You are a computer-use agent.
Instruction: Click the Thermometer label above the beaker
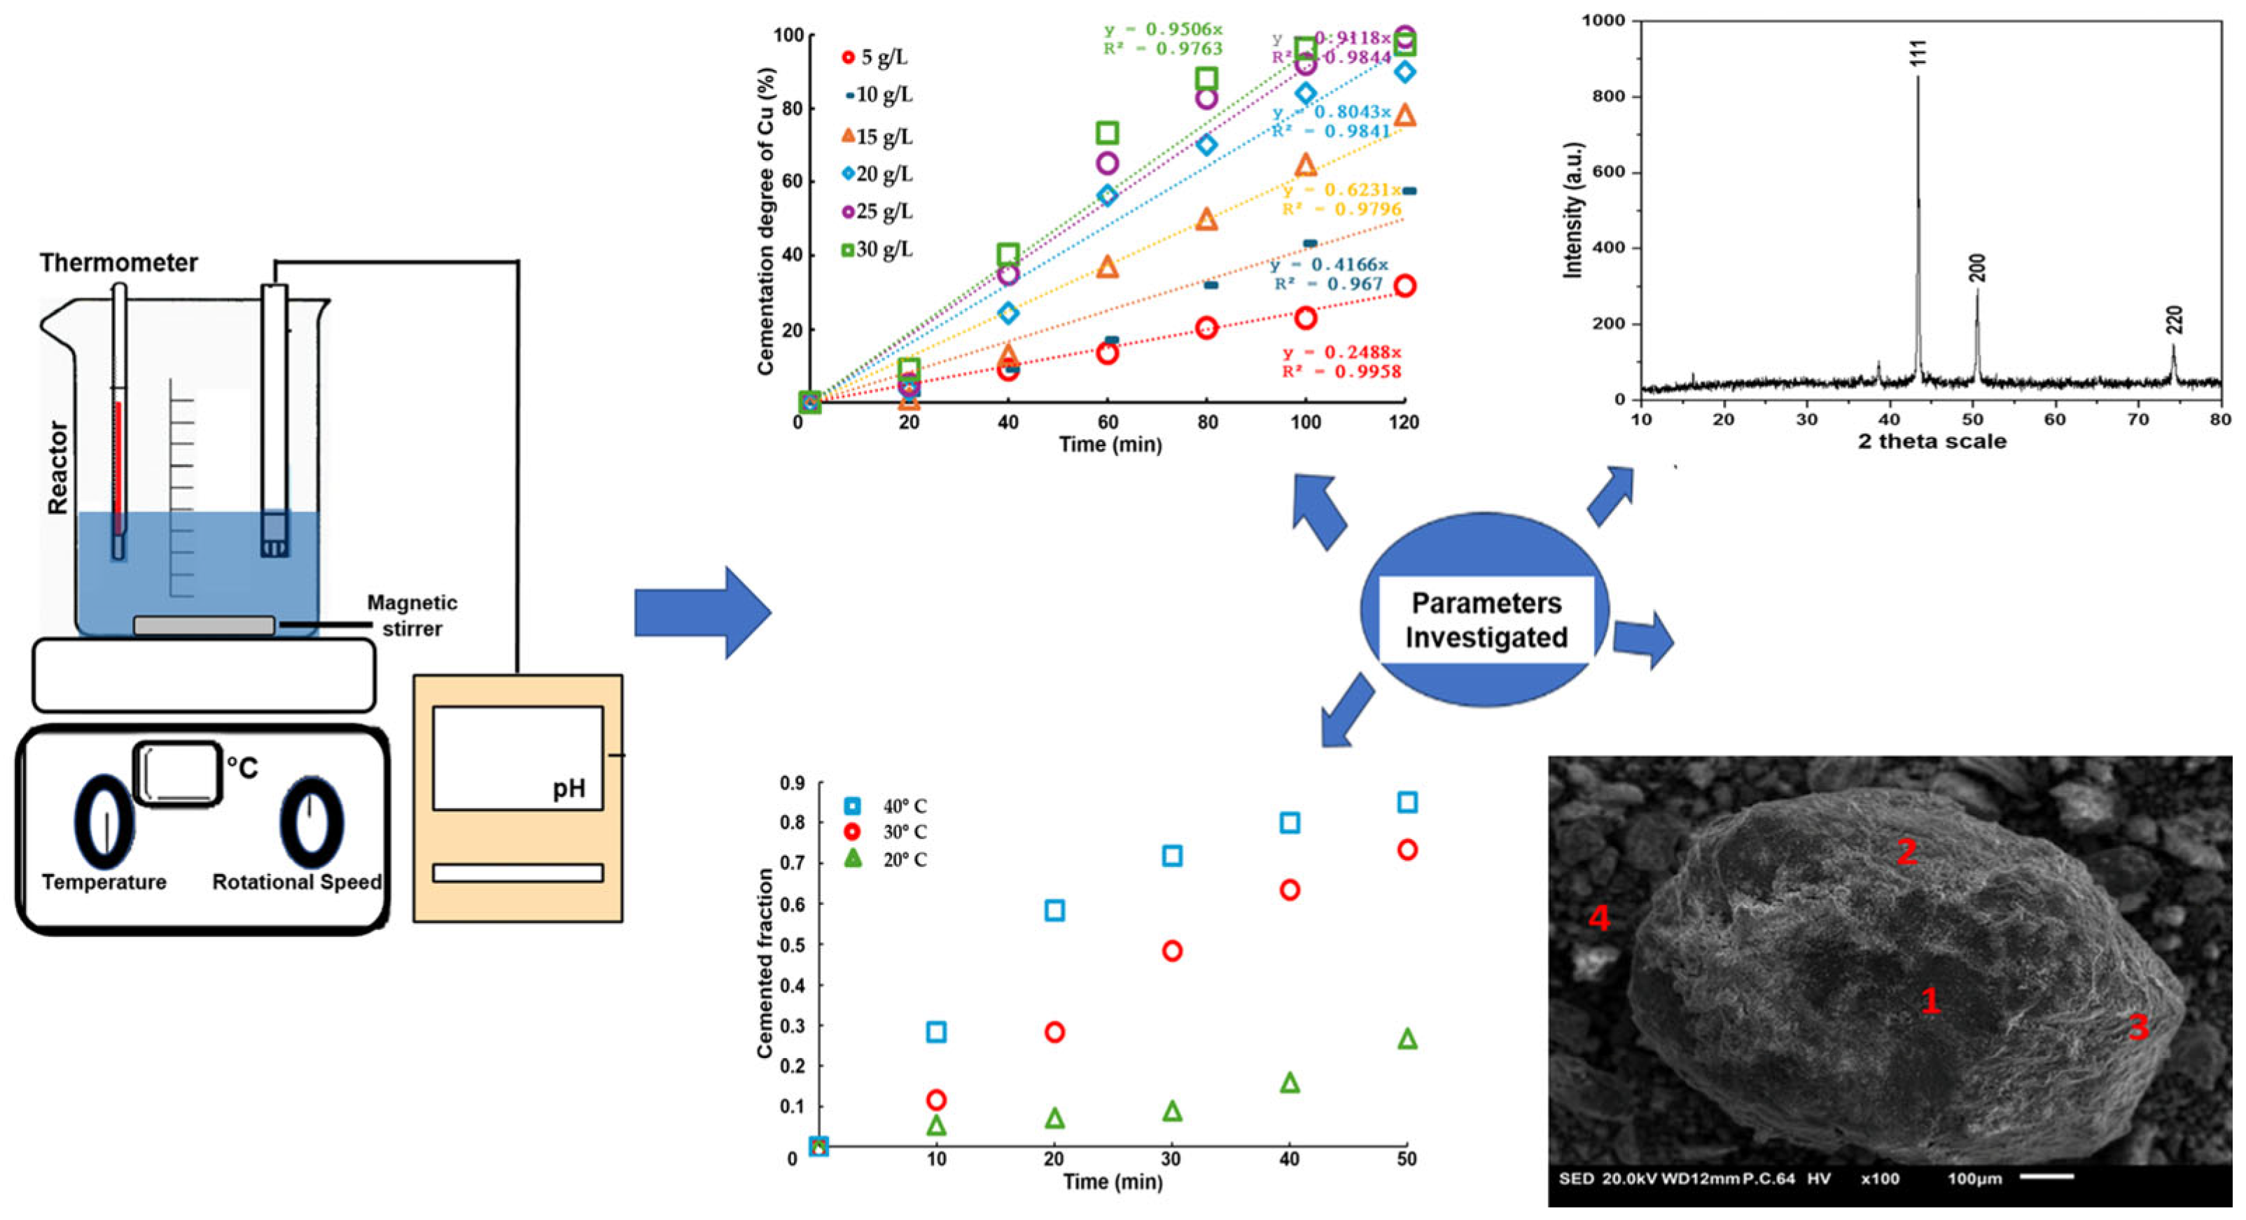pos(118,263)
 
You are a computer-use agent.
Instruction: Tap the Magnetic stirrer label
pos(412,615)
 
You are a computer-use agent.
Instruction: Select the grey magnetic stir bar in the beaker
pos(203,625)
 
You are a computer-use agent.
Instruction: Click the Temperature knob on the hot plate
pos(104,823)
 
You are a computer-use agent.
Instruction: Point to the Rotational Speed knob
pos(312,823)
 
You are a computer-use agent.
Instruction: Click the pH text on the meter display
pos(569,789)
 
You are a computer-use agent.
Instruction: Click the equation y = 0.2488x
pos(1341,352)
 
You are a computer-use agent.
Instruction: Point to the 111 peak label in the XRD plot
pos(1918,53)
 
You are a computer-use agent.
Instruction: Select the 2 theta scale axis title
pos(1931,441)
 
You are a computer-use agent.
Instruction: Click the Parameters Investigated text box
pos(1486,620)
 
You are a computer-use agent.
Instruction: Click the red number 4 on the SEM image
pos(1598,917)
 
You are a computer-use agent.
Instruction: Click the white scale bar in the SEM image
pos(2046,1177)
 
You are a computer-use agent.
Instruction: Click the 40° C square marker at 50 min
pos(1407,803)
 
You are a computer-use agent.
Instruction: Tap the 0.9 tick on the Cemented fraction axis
pos(792,783)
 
